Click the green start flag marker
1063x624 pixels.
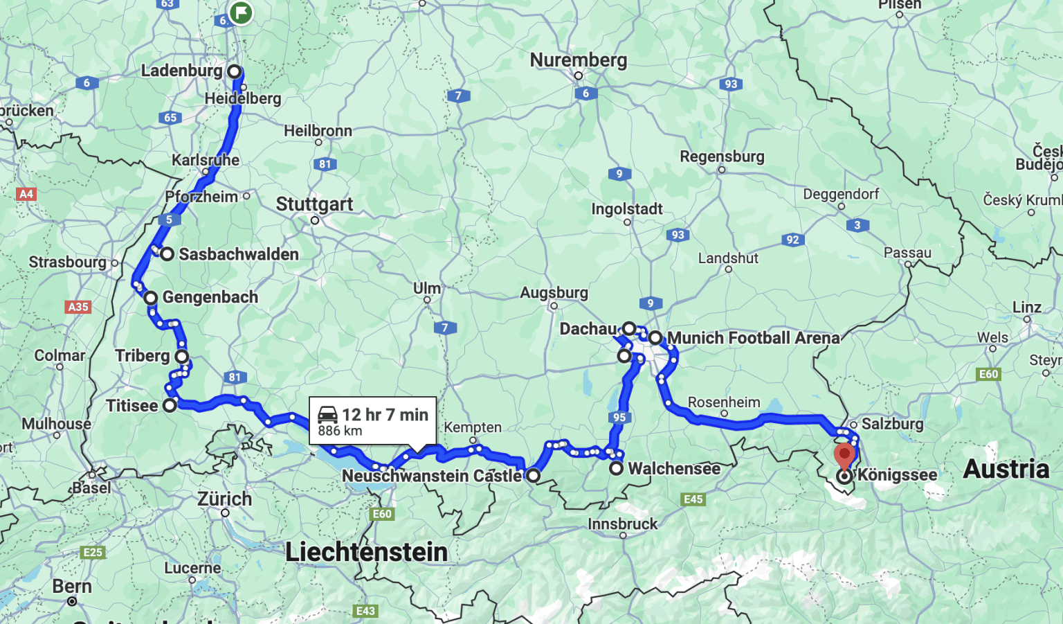point(240,12)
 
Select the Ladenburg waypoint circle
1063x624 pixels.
point(235,71)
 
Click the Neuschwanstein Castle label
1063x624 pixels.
point(432,476)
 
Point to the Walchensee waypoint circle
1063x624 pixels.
point(616,469)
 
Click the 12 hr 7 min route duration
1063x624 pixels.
point(385,414)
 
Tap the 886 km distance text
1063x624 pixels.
point(340,431)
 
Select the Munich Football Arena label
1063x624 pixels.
point(753,338)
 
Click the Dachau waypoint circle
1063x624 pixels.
point(628,328)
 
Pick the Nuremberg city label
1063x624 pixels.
point(578,60)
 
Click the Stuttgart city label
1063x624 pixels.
point(314,204)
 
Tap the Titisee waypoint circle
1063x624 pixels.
point(170,406)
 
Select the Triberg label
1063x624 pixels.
point(142,356)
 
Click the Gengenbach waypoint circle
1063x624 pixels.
point(151,298)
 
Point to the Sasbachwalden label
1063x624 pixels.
point(238,254)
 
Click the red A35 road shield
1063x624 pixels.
point(78,307)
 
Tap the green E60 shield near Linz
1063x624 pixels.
point(988,374)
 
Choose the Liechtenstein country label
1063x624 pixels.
point(366,552)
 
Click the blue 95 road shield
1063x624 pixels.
point(619,417)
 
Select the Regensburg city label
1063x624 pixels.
point(722,157)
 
